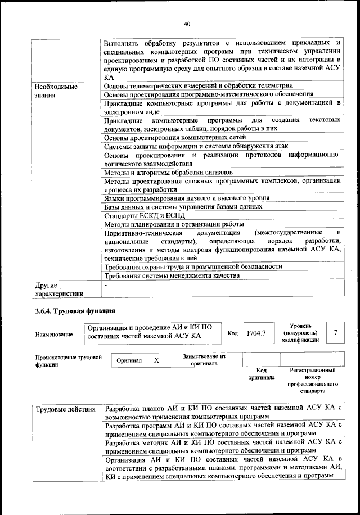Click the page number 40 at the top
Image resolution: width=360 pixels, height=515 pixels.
coord(187,24)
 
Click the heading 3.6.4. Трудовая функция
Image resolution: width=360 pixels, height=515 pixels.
coord(75,310)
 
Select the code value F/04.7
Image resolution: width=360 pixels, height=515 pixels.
coord(256,333)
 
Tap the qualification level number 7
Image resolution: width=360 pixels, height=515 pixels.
coord(336,333)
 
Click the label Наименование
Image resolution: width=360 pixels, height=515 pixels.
coord(54,335)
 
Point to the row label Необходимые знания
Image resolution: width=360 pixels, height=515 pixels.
coord(56,91)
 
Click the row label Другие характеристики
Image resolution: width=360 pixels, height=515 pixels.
coord(59,289)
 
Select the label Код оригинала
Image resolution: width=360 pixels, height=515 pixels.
coord(260,374)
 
